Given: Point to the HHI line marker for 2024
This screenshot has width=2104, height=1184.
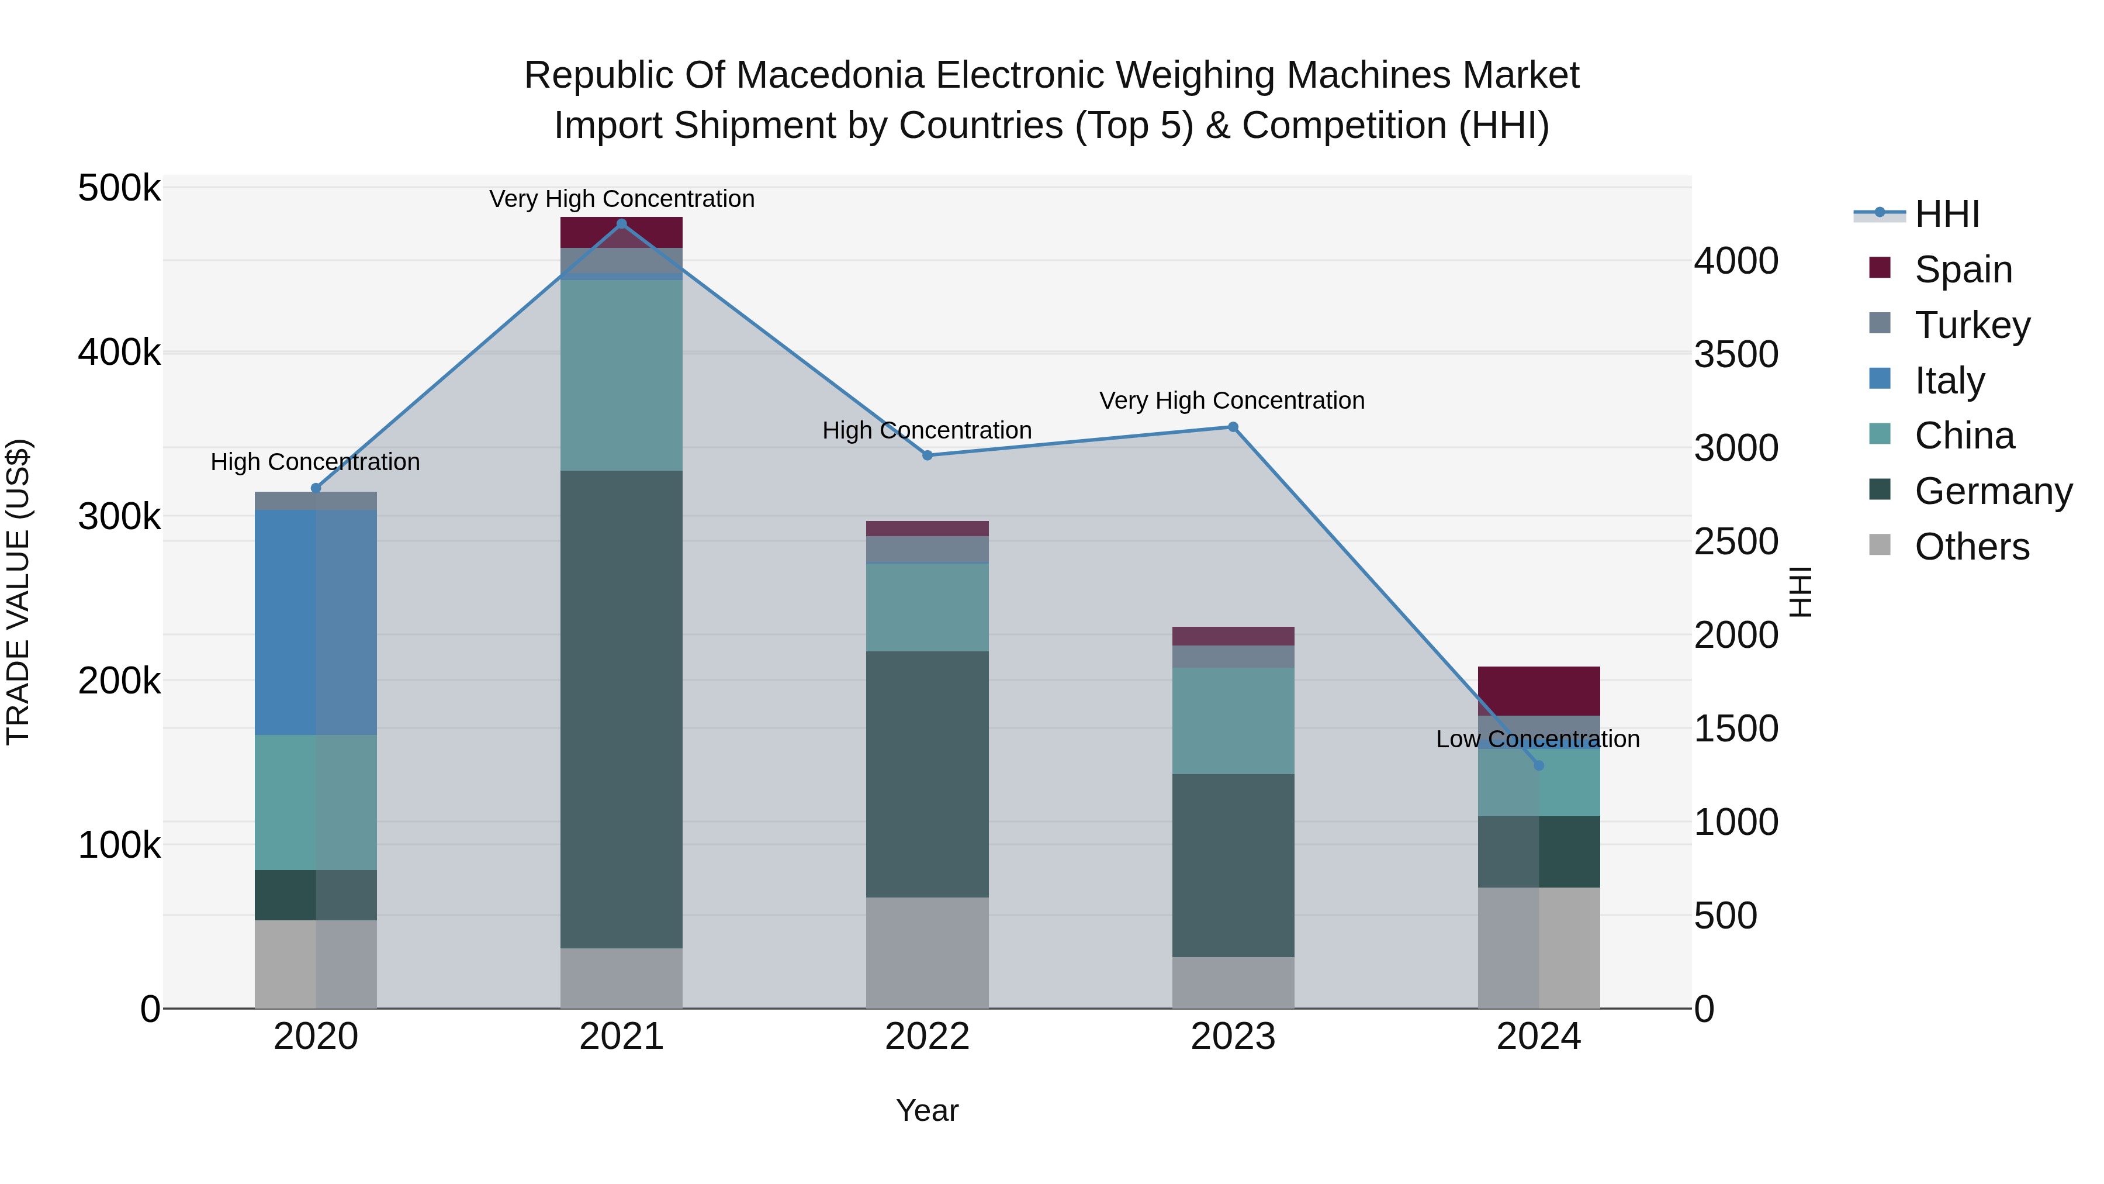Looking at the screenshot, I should (1539, 765).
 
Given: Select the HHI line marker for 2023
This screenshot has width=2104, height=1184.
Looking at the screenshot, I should (1233, 427).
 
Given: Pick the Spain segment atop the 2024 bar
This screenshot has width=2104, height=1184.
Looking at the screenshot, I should (1539, 691).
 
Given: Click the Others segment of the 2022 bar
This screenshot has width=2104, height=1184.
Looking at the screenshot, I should (927, 952).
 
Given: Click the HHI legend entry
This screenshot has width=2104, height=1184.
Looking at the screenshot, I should (1946, 214).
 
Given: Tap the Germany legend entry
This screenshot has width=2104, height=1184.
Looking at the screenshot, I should (1993, 491).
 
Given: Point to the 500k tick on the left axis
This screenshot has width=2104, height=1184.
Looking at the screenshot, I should (119, 189).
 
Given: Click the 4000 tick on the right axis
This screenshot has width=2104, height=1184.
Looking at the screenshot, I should (1736, 261).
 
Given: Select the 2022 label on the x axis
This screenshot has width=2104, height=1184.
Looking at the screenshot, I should (927, 1037).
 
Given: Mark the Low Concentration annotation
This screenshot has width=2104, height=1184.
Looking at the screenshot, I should (1537, 738).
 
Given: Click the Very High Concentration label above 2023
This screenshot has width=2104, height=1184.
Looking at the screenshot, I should (1231, 401).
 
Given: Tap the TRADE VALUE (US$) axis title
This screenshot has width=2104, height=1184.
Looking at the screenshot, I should (18, 592).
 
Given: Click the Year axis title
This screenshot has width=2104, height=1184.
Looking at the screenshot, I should (927, 1110).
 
